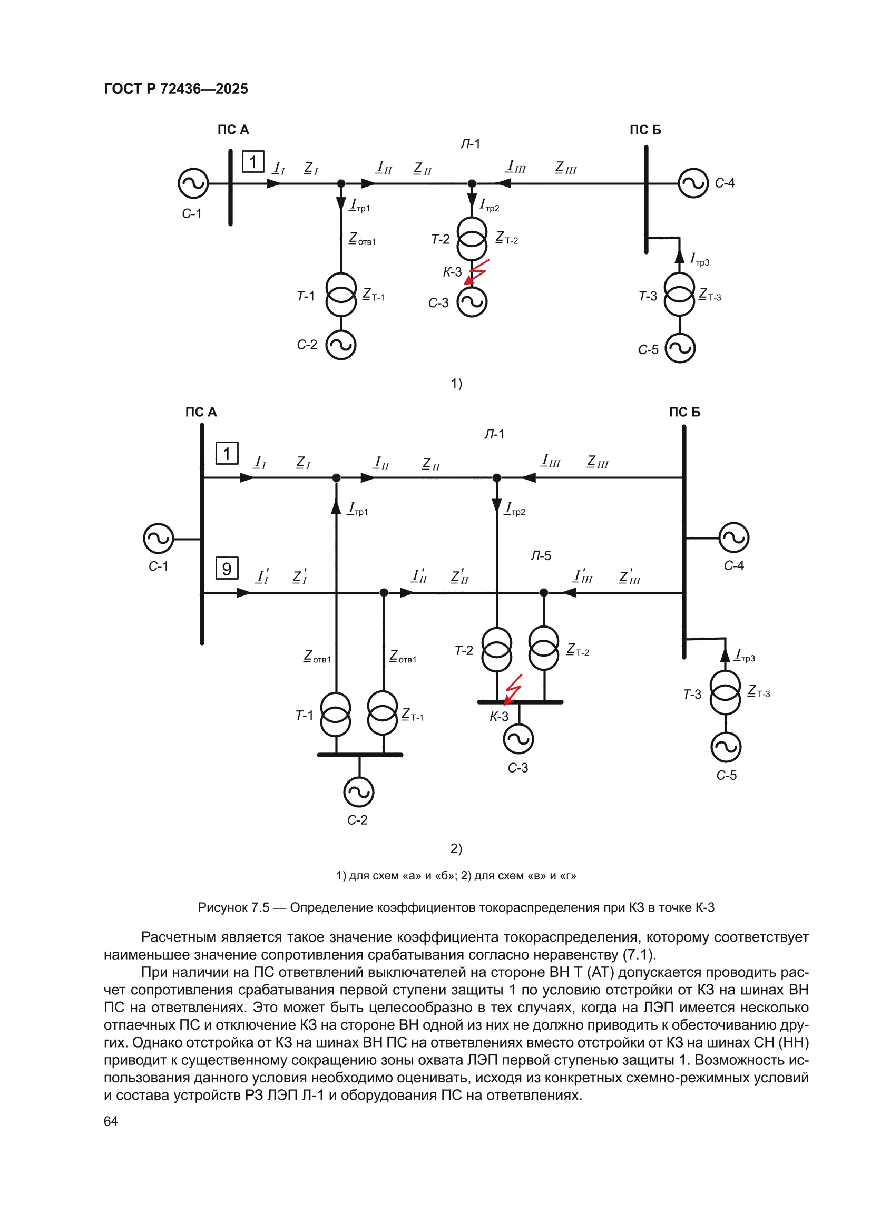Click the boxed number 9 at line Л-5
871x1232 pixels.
click(x=227, y=568)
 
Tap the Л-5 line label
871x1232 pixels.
click(x=541, y=555)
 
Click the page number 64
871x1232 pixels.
click(x=111, y=1121)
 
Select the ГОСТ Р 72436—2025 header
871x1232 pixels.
click(x=176, y=89)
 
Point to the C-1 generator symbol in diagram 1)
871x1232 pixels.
click(x=193, y=183)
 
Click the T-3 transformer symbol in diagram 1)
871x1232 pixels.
click(x=679, y=294)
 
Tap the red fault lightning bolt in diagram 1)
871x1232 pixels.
click(x=475, y=272)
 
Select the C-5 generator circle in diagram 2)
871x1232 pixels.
click(x=726, y=747)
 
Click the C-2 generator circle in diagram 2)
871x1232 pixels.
click(x=358, y=792)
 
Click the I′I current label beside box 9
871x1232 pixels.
click(x=262, y=576)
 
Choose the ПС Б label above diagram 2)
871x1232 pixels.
click(x=684, y=412)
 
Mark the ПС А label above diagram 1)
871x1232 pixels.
click(x=233, y=130)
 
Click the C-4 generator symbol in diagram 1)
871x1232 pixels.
click(x=693, y=183)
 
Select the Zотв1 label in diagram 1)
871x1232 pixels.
click(x=363, y=239)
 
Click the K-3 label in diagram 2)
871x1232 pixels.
click(x=498, y=717)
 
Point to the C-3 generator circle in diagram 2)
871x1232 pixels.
click(x=518, y=739)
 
